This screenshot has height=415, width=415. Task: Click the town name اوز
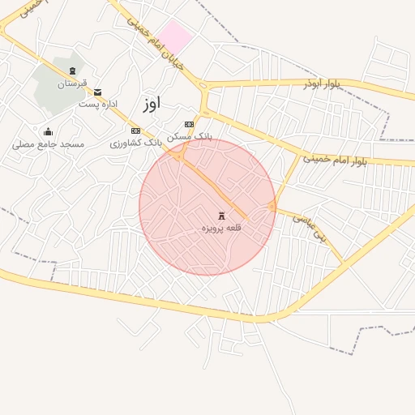pos(151,103)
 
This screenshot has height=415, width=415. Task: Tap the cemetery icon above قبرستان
pos(73,72)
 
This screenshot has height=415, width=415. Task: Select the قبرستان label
pos(71,83)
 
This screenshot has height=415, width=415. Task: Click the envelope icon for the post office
pos(98,92)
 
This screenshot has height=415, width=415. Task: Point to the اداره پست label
pos(98,104)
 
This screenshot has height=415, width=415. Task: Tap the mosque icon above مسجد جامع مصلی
pos(48,132)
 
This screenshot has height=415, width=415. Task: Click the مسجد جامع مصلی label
pos(48,144)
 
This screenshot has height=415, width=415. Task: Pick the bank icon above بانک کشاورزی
pos(135,130)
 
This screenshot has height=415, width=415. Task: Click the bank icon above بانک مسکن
pos(190,124)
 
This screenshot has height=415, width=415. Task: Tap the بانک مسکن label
pos(190,136)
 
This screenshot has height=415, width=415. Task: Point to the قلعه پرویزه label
pos(221,229)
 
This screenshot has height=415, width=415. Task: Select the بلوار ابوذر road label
pos(324,83)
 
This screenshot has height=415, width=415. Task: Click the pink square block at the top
pos(174,36)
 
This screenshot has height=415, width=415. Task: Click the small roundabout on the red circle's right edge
pos(272,207)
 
